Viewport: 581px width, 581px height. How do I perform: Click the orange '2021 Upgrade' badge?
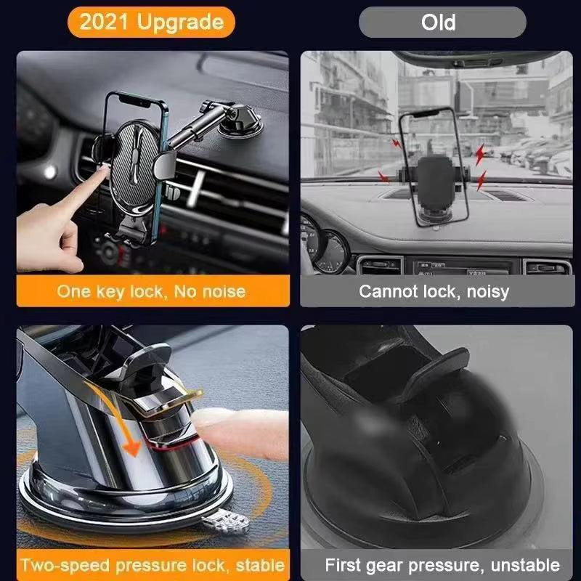click(x=151, y=22)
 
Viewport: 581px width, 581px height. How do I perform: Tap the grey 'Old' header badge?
click(x=442, y=22)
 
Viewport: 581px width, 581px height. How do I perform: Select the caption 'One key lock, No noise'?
click(x=151, y=292)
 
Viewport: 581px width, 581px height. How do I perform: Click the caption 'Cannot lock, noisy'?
click(x=434, y=292)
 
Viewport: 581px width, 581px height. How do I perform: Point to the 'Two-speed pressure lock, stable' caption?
click(x=151, y=565)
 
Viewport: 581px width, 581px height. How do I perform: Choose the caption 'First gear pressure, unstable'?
click(x=442, y=565)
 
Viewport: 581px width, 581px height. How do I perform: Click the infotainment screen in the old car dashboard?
click(x=450, y=267)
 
